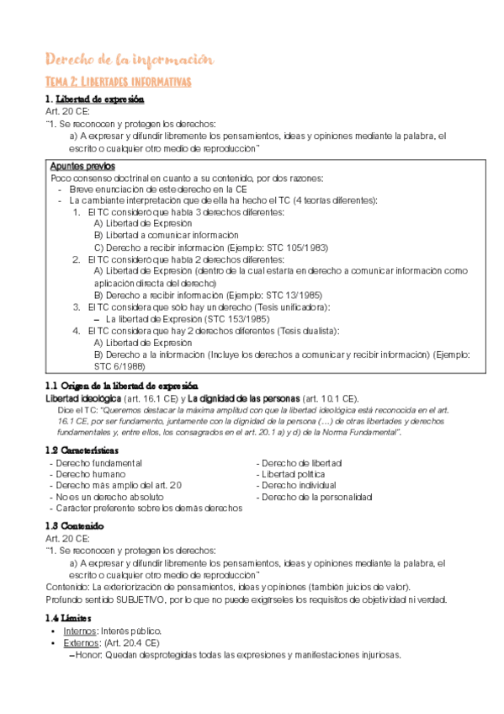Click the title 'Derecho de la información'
(x=129, y=60)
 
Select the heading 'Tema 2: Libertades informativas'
(x=119, y=82)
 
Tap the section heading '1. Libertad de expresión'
(x=94, y=99)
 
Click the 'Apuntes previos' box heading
(x=82, y=166)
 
